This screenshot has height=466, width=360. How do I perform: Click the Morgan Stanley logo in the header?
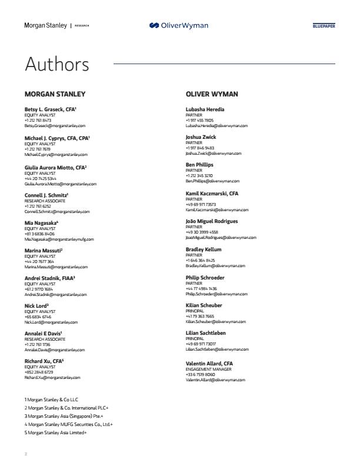45,25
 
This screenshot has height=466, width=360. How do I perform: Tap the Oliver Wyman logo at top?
179,25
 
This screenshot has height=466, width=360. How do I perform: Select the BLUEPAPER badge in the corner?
324,26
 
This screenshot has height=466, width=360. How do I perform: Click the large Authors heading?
56,64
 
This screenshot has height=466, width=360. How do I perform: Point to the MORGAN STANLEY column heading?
55,94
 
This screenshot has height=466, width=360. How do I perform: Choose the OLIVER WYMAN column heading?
212,94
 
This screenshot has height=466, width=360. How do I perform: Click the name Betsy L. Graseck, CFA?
51,109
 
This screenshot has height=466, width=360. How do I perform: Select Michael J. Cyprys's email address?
56,154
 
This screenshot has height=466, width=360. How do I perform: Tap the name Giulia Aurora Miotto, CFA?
55,167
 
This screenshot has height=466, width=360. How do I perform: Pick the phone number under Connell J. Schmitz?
38,207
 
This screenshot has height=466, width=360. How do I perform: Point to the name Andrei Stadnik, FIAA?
49,278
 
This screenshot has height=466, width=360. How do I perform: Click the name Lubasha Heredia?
205,109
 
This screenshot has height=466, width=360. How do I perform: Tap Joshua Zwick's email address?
213,154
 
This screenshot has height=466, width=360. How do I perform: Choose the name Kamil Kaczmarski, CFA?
212,193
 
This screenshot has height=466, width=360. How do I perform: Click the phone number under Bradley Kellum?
200,260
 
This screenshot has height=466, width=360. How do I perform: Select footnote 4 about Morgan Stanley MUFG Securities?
68,424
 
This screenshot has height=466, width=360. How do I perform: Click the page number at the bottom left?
25,454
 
